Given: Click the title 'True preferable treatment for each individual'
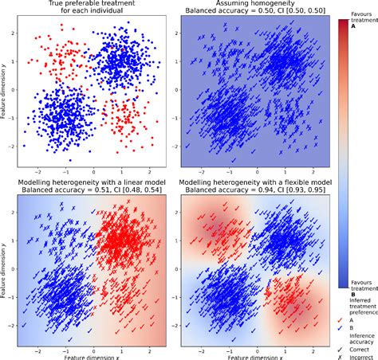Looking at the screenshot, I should pos(93,8).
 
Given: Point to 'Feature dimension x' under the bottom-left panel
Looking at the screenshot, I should pos(93,355).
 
